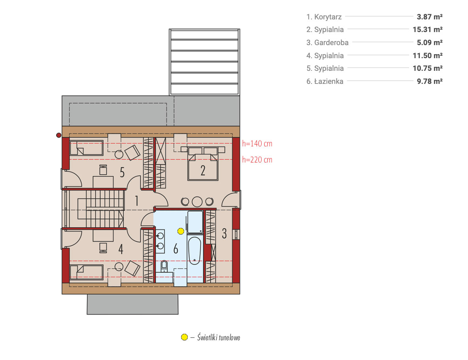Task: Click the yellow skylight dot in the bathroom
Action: click(x=181, y=231)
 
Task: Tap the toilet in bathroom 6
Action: click(x=164, y=265)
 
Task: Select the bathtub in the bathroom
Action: click(x=194, y=251)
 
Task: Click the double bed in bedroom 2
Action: click(x=203, y=164)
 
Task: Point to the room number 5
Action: click(x=122, y=172)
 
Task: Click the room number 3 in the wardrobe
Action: click(x=224, y=233)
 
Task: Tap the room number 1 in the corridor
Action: click(x=137, y=201)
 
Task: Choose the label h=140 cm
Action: click(x=257, y=144)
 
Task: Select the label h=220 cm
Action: click(x=257, y=160)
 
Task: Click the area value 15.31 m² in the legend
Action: click(x=427, y=30)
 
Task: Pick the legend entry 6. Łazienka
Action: click(x=325, y=81)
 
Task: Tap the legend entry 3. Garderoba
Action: click(x=327, y=42)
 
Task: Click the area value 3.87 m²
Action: click(x=430, y=17)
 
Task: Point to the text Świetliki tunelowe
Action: click(x=219, y=337)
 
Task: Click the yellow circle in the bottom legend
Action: click(x=185, y=337)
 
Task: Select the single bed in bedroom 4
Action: click(x=87, y=272)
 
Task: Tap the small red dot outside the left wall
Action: click(x=59, y=135)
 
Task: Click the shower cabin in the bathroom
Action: click(x=195, y=222)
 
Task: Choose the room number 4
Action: click(x=121, y=249)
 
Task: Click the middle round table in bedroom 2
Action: click(x=197, y=202)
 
